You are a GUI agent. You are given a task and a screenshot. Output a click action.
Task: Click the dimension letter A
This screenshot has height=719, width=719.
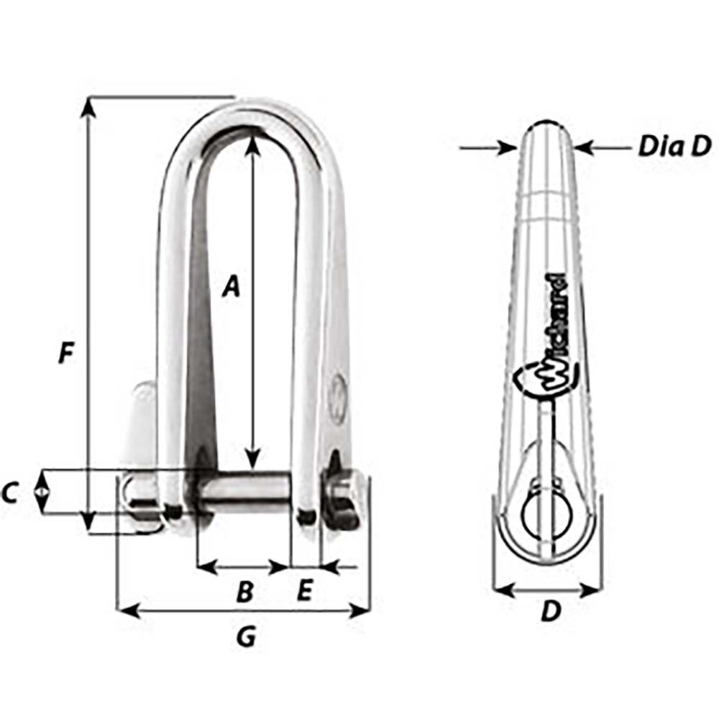pyautogui.click(x=230, y=286)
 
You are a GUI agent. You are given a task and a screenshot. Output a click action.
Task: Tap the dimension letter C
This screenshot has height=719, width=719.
pyautogui.click(x=10, y=493)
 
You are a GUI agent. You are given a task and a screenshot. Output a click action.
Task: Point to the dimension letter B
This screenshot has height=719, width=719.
pyautogui.click(x=244, y=592)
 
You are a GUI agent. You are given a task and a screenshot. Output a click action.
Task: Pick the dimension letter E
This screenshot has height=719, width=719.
pyautogui.click(x=304, y=591)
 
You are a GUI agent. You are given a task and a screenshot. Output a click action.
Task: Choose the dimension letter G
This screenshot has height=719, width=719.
pyautogui.click(x=246, y=636)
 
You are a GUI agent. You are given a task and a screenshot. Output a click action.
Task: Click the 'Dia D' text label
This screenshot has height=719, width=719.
pyautogui.click(x=674, y=147)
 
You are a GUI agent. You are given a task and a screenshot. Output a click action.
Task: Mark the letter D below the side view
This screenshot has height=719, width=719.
pyautogui.click(x=550, y=612)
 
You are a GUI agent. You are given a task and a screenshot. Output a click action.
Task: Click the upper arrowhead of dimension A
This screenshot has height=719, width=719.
pyautogui.click(x=252, y=145)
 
